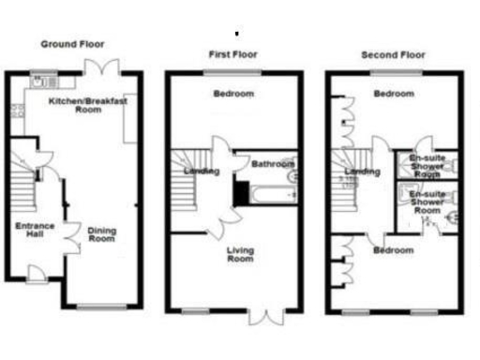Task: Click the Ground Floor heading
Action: [72, 44]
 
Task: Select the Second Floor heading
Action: [392, 55]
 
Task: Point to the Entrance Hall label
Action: [35, 230]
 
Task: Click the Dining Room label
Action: [101, 234]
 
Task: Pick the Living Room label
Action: [241, 253]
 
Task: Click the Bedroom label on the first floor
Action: [234, 95]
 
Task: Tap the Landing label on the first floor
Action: [202, 172]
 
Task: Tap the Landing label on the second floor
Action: [362, 172]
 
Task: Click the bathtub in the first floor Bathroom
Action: [273, 194]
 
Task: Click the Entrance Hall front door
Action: [35, 275]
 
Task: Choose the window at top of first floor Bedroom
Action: [234, 72]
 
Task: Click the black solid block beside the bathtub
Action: [241, 194]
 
